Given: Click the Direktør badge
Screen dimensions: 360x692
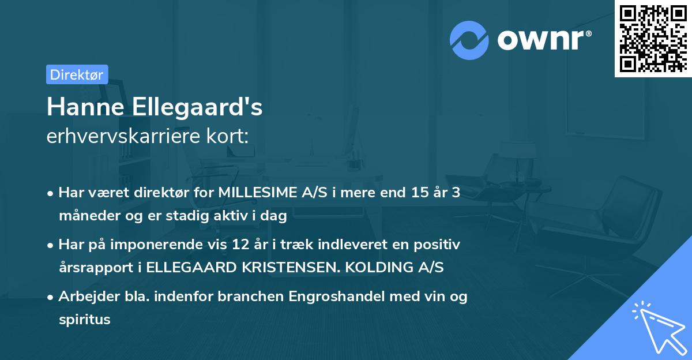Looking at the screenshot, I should pyautogui.click(x=77, y=74).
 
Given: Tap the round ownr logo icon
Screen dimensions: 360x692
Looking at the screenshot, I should pyautogui.click(x=469, y=40).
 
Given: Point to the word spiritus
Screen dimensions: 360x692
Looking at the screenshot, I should pyautogui.click(x=84, y=319).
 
